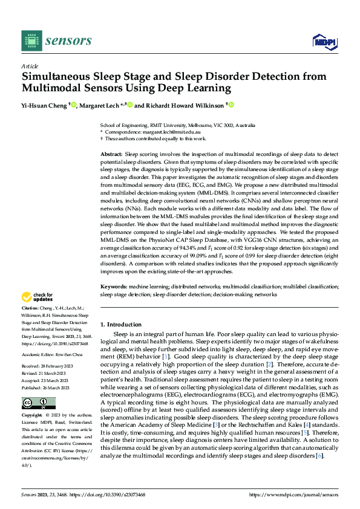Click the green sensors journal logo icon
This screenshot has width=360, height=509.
(31, 41)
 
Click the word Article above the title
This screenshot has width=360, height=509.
(30, 66)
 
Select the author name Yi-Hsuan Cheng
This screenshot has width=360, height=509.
(45, 105)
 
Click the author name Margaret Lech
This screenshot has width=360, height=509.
(99, 105)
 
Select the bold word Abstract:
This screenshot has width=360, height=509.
(112, 155)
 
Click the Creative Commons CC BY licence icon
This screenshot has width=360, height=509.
(38, 403)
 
